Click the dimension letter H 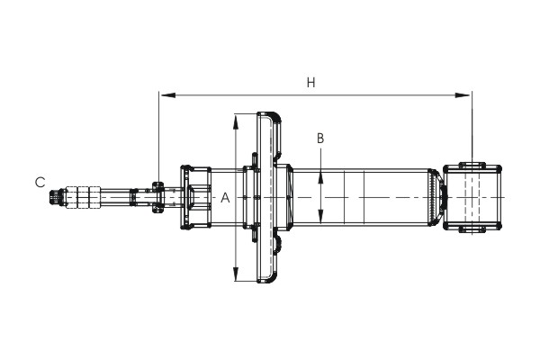click(x=310, y=83)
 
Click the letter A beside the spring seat click(x=225, y=197)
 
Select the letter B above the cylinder click(x=320, y=139)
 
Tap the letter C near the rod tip click(x=40, y=182)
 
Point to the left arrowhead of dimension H click(x=163, y=93)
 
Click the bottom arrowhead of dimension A click(x=235, y=276)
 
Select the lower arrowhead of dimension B click(x=321, y=221)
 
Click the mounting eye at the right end click(x=473, y=197)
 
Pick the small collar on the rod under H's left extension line click(x=157, y=197)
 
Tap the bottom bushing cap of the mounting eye click(x=473, y=230)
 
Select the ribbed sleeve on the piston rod click(x=84, y=197)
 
